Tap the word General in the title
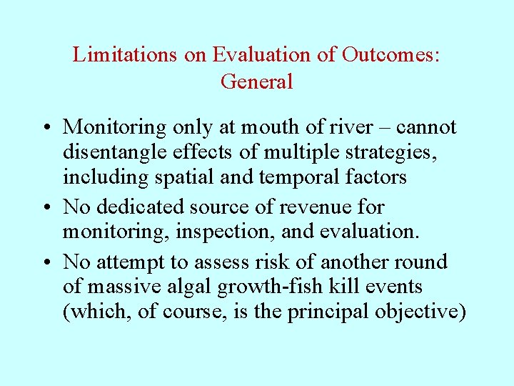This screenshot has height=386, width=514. [x=256, y=81]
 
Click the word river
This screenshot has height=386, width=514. [x=348, y=127]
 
